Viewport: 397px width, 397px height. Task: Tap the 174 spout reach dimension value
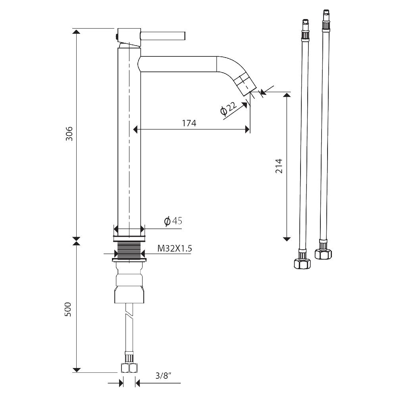[189, 123]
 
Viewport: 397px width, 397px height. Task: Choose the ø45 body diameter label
[173, 221]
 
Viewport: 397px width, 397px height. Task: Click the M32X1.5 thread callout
[175, 249]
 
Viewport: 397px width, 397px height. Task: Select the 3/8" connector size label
[163, 376]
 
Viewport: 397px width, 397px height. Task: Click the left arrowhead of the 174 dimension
[135, 129]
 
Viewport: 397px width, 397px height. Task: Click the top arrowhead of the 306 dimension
[77, 32]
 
